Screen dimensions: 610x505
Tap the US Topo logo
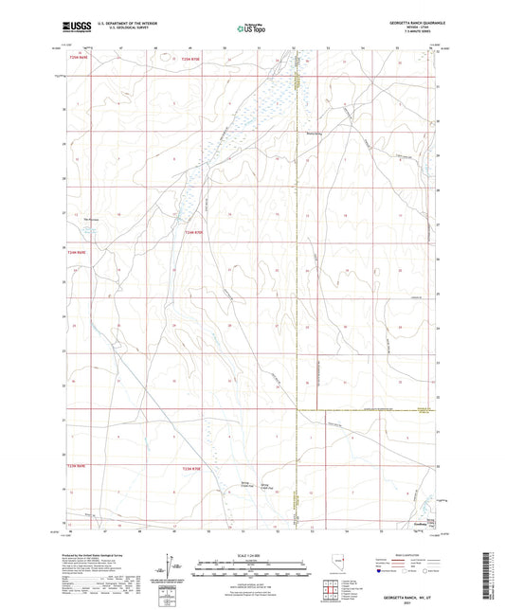coord(249,27)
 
